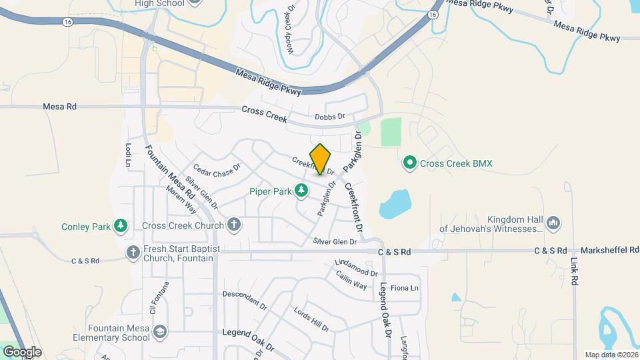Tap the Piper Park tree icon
point(302,191)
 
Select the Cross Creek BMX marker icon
point(409,162)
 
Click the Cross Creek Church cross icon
point(233,225)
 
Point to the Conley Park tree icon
point(120,227)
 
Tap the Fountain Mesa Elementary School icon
point(160,332)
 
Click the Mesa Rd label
point(60,106)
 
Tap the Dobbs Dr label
point(330,117)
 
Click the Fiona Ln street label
point(404,288)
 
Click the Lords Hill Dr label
point(311,319)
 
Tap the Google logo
point(21,351)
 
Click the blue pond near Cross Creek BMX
point(395,203)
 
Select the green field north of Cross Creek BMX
point(391,132)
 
